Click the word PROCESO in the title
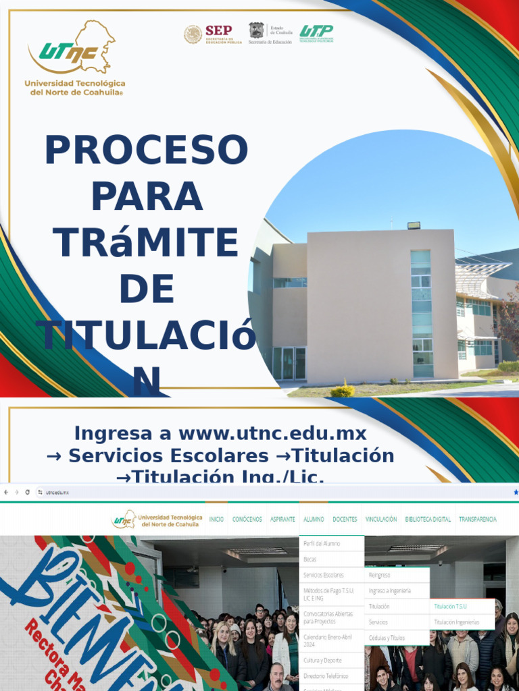(x=146, y=150)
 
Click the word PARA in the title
(x=147, y=196)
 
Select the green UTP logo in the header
(x=316, y=33)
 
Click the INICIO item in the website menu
(x=216, y=520)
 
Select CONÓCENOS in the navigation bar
(x=247, y=520)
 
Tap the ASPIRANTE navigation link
(x=282, y=520)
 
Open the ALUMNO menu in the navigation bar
(x=314, y=520)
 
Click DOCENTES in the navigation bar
(x=345, y=520)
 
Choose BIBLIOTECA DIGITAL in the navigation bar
(x=428, y=520)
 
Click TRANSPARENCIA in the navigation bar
(x=477, y=520)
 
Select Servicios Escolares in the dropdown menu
(x=324, y=575)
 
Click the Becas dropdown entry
(x=310, y=559)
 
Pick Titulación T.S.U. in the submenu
(x=451, y=607)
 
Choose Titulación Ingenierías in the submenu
(x=457, y=622)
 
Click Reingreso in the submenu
(x=379, y=575)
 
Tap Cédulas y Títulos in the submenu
(x=387, y=638)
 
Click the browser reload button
(x=27, y=493)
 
